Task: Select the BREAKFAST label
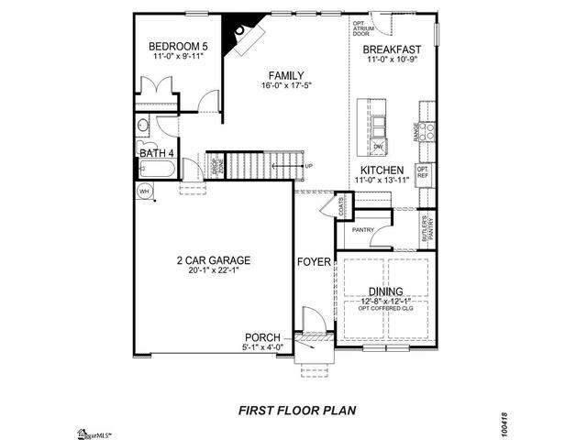coord(392,49)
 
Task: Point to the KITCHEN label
coord(383,171)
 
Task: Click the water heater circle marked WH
coord(144,191)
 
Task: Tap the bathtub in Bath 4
coord(157,169)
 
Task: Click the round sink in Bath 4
coord(143,126)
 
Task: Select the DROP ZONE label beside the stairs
coord(217,168)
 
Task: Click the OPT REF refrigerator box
coord(423,171)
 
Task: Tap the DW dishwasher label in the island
coord(377,146)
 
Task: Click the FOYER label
coord(313,262)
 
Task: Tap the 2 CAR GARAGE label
coord(213,260)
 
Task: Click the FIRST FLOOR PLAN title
coord(297,411)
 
